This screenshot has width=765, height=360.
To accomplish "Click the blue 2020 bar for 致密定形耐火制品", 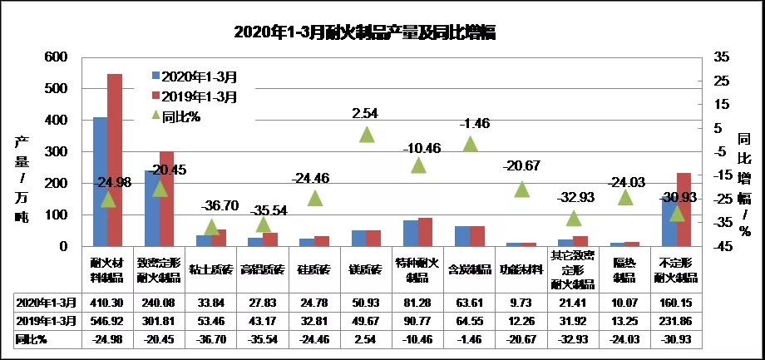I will (151, 209).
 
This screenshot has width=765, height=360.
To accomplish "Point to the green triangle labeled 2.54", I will (367, 135).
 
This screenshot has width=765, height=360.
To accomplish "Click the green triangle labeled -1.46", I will (470, 145).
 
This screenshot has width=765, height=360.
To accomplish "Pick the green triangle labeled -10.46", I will (418, 165).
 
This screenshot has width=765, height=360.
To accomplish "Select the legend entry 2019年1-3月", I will (199, 96).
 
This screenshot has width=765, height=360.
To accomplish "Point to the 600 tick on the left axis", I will (56, 57).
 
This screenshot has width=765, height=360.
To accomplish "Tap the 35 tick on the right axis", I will (720, 57).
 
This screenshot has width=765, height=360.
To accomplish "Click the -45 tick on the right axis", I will (720, 247).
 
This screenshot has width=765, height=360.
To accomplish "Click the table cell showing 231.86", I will (676, 320).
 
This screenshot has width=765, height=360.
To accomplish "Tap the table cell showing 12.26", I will (521, 320).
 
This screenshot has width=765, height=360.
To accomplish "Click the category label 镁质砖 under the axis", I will (367, 269).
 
